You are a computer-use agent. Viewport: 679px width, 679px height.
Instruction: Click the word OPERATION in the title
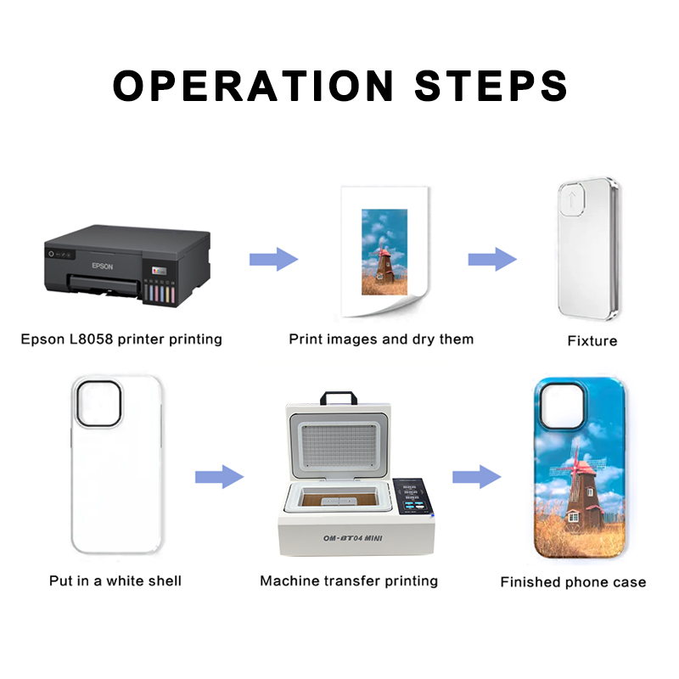click(253, 86)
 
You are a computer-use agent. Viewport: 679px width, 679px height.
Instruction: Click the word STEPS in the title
click(491, 86)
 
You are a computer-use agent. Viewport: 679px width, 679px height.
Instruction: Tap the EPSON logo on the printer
click(102, 266)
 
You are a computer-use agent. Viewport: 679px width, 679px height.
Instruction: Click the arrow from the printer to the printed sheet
click(273, 260)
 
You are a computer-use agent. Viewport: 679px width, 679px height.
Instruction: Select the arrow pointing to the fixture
click(492, 260)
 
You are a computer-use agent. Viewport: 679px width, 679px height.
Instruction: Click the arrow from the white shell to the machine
click(219, 477)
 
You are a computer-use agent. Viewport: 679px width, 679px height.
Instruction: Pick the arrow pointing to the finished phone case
click(477, 477)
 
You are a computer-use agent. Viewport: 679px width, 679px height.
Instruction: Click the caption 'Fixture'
click(592, 341)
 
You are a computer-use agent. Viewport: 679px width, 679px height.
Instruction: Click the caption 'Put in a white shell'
click(115, 581)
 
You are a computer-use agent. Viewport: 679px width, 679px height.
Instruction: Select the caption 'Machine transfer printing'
click(349, 581)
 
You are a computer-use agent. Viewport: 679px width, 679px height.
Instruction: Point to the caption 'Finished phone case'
click(573, 582)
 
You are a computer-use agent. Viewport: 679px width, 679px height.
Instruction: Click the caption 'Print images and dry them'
click(381, 339)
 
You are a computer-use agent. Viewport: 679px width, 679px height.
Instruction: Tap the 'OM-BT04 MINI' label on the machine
click(353, 538)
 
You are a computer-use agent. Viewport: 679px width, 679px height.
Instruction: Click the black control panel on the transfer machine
click(413, 497)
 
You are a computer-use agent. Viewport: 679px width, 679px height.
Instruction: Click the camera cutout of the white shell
click(98, 404)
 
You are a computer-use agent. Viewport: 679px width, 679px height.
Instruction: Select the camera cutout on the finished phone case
click(563, 407)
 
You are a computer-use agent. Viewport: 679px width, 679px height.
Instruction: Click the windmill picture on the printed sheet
click(384, 252)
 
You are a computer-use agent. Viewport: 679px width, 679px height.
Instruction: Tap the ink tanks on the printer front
click(159, 292)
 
